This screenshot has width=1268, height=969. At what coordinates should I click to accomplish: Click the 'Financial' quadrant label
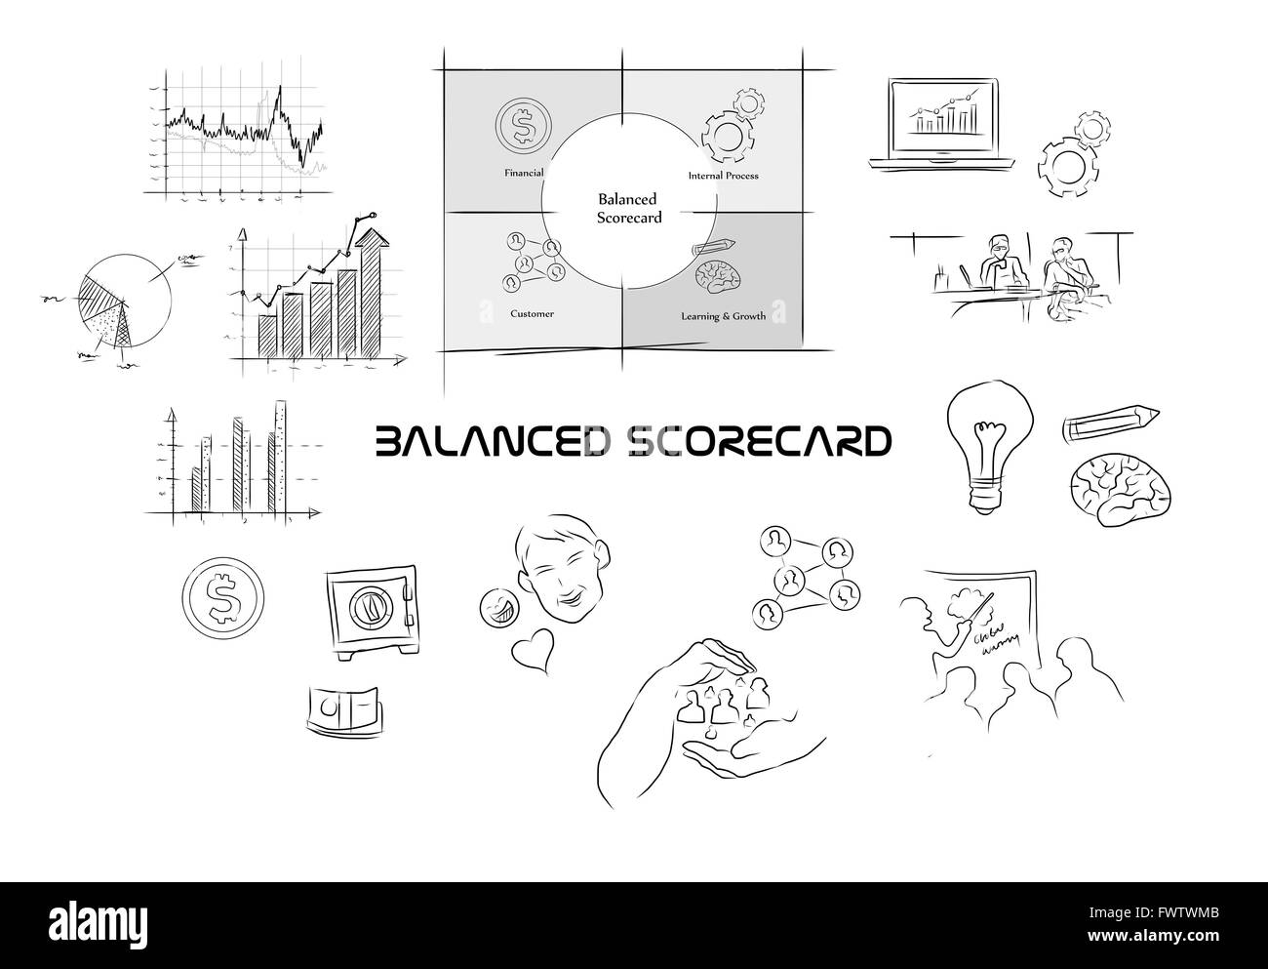click(x=524, y=173)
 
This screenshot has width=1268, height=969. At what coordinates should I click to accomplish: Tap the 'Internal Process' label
click(x=723, y=176)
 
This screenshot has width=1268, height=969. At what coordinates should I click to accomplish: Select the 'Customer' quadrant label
click(x=532, y=313)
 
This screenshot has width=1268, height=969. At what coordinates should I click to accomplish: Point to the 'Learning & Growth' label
click(x=723, y=316)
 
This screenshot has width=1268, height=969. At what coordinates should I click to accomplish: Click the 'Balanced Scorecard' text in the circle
click(x=628, y=208)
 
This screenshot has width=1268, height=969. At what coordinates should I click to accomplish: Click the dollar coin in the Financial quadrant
click(x=523, y=125)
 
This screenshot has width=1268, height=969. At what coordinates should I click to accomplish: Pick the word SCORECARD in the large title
click(x=756, y=441)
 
